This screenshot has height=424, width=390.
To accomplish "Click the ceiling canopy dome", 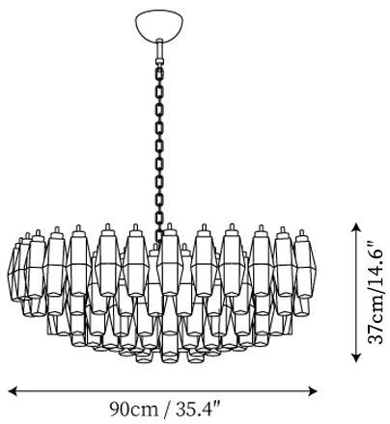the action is tap(159, 25).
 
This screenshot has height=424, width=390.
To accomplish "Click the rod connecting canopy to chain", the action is tap(159, 49).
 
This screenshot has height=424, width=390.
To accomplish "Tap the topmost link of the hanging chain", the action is tap(159, 73).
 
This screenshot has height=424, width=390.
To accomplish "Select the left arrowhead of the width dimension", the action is tap(13, 391).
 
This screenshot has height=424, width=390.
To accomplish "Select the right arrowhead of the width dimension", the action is tap(313, 391).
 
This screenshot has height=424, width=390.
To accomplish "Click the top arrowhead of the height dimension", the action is tap(355, 227).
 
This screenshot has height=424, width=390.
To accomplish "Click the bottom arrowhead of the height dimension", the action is tap(355, 358).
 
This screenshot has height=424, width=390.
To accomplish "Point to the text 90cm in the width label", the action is tap(134, 410).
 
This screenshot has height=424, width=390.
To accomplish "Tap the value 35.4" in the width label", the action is tap(198, 409).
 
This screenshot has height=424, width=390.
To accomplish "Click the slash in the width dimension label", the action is tap(167, 410).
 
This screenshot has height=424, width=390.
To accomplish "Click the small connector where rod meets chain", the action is tap(159, 62).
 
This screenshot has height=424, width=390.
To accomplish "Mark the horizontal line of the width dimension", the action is tap(162, 391).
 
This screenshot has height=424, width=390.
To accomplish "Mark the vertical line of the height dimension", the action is tap(355, 292).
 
